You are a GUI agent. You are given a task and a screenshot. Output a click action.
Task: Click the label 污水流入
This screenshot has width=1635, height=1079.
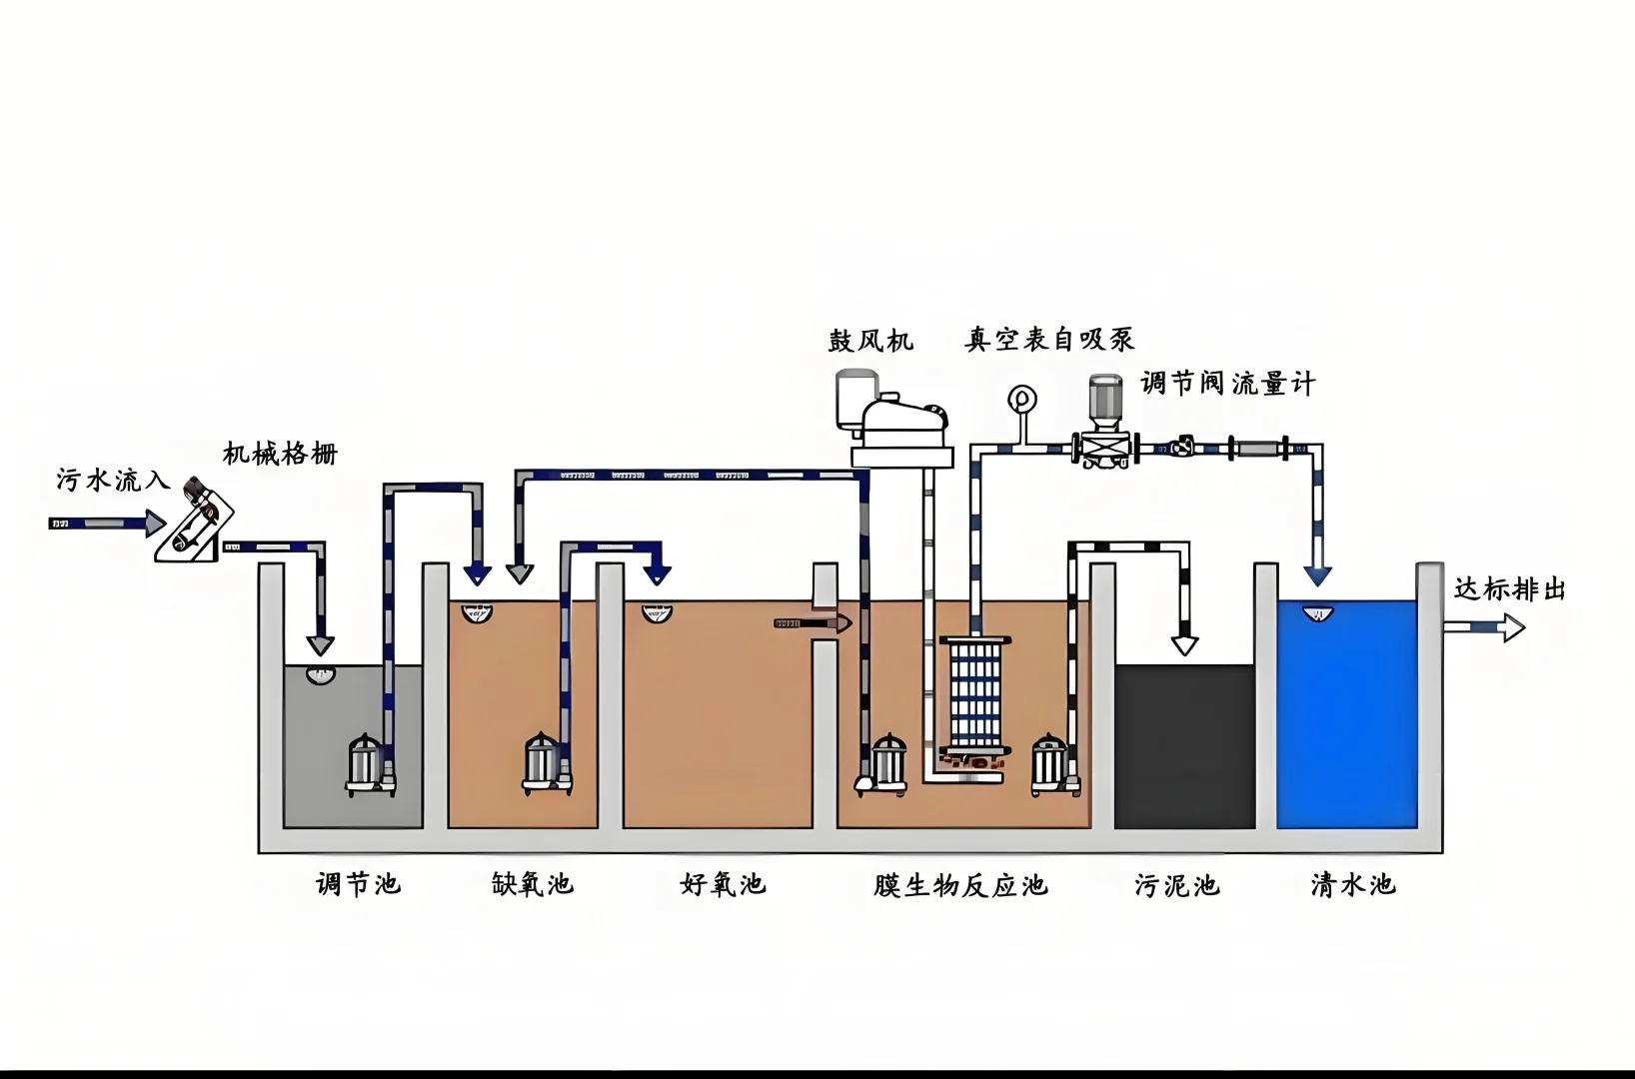click(x=112, y=481)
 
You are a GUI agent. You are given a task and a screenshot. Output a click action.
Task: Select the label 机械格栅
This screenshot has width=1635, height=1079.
click(x=280, y=455)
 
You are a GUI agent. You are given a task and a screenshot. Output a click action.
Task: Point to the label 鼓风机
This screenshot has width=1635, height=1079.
click(x=870, y=341)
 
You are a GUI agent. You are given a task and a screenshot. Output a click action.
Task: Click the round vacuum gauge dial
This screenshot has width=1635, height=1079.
click(x=1021, y=400)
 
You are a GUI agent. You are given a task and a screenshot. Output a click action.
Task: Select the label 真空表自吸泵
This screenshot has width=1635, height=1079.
click(x=1049, y=340)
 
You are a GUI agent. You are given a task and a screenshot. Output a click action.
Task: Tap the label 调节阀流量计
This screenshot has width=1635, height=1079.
click(x=1227, y=384)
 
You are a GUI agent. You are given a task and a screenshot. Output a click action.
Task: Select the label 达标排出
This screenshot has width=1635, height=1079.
click(x=1509, y=589)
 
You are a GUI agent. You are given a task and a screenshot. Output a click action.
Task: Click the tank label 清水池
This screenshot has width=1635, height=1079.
click(x=1352, y=885)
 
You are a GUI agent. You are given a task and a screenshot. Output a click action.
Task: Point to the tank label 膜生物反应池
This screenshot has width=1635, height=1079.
click(x=959, y=886)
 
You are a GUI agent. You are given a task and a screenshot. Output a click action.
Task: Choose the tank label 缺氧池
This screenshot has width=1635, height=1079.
click(x=532, y=884)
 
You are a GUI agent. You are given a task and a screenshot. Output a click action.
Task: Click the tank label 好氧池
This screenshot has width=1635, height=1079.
click(x=722, y=884)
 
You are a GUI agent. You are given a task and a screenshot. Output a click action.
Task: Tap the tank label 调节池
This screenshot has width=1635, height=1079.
click(x=358, y=884)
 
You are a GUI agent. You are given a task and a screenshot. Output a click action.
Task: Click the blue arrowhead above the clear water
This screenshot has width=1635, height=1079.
click(x=1317, y=575)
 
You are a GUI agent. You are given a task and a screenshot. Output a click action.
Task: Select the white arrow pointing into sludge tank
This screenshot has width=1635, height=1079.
click(x=1184, y=644)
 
